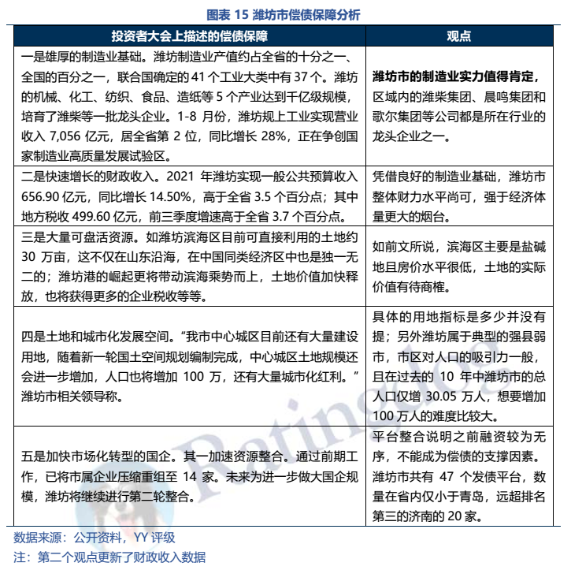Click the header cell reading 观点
pos(458,36)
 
